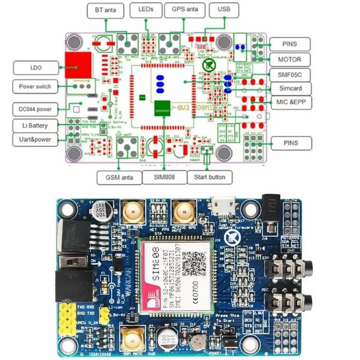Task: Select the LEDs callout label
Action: (x=145, y=9)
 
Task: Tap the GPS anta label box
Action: (x=184, y=9)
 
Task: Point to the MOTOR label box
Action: (x=289, y=59)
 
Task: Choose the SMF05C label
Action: (x=289, y=74)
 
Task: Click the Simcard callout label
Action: (x=289, y=88)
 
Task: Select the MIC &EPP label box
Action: (x=289, y=103)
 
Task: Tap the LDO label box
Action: (x=36, y=68)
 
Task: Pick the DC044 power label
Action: (x=36, y=109)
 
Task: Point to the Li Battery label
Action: (x=36, y=125)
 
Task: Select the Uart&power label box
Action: (x=36, y=139)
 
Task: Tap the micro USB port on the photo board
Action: (x=224, y=208)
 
